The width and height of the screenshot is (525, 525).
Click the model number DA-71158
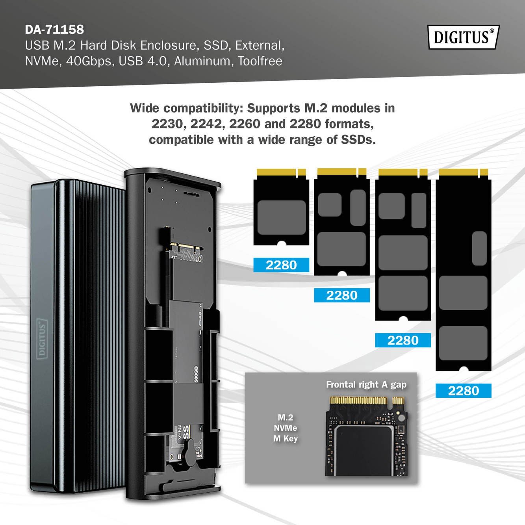(54, 30)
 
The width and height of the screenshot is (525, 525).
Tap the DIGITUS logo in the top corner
(464, 37)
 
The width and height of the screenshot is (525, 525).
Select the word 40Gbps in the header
(89, 61)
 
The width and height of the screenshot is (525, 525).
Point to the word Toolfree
(260, 61)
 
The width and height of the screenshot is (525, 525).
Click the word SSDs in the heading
(358, 139)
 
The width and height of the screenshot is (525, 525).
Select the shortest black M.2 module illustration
(281, 207)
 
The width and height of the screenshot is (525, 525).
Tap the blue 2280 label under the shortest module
(281, 265)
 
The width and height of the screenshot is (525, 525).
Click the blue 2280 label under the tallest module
(464, 391)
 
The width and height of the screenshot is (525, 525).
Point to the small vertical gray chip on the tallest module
(479, 249)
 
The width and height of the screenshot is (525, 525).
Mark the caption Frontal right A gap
(366, 384)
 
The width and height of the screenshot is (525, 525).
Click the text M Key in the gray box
(285, 438)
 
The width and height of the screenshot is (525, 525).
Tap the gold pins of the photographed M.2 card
(367, 401)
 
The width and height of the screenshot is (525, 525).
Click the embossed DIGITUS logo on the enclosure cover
(42, 339)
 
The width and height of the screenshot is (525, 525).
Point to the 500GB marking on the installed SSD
(196, 374)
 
